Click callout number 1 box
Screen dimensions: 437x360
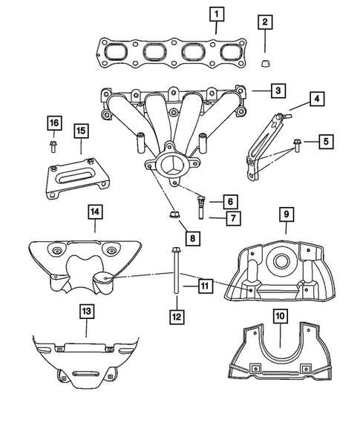(x=215, y=13)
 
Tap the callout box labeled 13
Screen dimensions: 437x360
(x=87, y=312)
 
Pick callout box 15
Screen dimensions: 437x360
(x=81, y=131)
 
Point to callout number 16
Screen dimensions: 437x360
(x=53, y=122)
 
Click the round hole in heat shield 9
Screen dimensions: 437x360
(x=282, y=260)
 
